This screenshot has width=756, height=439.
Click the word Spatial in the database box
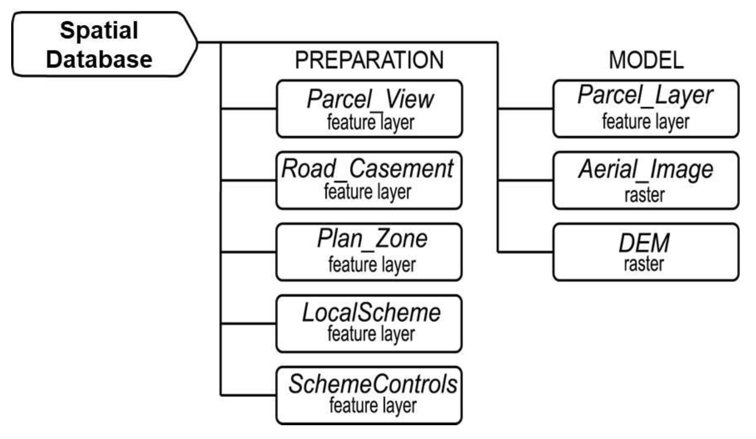point(99,31)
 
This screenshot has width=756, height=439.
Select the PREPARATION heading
point(369,60)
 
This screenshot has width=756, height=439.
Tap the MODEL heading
point(646,60)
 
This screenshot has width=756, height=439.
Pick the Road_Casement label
point(367,169)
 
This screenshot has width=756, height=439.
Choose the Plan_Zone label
point(372,239)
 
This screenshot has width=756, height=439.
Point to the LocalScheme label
point(371,313)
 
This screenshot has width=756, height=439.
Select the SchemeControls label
point(373,384)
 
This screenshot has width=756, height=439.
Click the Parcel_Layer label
point(645,95)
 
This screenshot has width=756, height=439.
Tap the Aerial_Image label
point(645,169)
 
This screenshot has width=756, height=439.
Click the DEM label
point(644,243)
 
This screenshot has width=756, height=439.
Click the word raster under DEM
point(644,264)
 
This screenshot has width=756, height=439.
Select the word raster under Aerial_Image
point(644,195)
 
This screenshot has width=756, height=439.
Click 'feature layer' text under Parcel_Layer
point(645,122)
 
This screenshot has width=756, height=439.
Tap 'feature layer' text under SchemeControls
point(373,406)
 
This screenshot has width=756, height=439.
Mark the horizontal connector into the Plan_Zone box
point(248,252)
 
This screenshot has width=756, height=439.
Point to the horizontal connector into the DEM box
point(525,252)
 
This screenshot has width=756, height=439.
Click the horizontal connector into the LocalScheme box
point(248,323)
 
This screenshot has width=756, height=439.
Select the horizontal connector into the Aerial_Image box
point(525,180)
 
